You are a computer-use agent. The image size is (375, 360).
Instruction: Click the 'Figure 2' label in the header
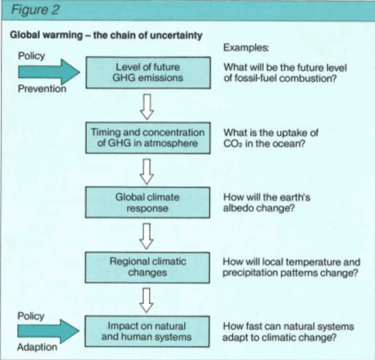coord(35,10)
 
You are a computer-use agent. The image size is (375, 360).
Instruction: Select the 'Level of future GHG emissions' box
coord(148,73)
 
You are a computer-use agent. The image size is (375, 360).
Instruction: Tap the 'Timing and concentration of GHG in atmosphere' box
coord(148,138)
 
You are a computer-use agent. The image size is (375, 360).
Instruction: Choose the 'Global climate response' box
coord(147,203)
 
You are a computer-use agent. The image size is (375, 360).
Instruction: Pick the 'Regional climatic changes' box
coord(147,267)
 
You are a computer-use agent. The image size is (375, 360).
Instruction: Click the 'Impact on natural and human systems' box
coord(147,331)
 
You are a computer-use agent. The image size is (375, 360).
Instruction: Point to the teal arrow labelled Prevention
coord(49,72)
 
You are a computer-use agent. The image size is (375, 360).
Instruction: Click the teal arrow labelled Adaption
coord(48,331)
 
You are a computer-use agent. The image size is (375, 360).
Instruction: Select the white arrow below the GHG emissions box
coord(147,107)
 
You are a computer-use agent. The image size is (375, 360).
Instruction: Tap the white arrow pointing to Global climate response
coord(146,172)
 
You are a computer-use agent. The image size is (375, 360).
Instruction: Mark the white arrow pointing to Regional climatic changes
coord(146,236)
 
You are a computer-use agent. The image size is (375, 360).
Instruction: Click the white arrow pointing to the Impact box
coord(146,301)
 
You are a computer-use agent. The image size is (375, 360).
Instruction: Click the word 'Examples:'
coord(246,48)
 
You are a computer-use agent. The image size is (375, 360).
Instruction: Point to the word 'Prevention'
coord(42,89)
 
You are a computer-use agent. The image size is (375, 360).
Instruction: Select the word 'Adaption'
coord(37,347)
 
